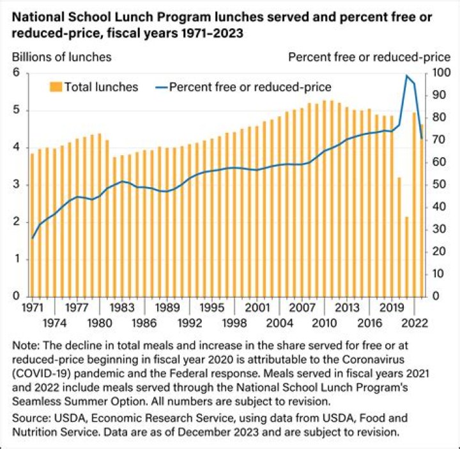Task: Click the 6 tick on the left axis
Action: coord(17,73)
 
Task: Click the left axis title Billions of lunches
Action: coord(62,57)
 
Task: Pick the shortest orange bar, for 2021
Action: coord(406,256)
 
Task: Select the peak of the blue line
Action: coord(406,75)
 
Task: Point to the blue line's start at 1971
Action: coord(32,238)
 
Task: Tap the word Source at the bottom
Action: coord(29,418)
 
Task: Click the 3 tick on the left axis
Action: coord(17,185)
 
